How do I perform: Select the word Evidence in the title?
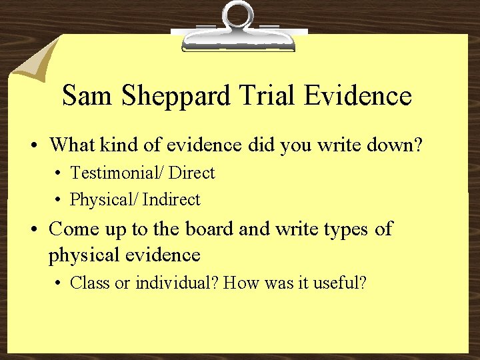(x=357, y=95)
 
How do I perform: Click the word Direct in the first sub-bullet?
(x=192, y=173)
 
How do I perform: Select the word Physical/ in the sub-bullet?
(x=104, y=200)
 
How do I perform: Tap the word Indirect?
(x=171, y=199)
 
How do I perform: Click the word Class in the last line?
(x=90, y=283)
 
